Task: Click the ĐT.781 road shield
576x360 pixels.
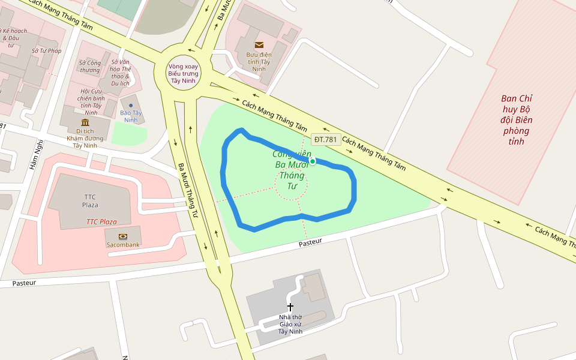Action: [326, 140]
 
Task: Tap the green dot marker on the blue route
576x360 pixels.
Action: [313, 161]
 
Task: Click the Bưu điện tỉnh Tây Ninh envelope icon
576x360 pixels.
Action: [259, 44]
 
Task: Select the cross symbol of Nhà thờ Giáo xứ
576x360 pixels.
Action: [290, 307]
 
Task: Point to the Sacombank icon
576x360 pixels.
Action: [123, 236]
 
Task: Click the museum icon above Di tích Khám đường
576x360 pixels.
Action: [85, 122]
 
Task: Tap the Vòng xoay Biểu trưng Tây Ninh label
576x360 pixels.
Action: [183, 73]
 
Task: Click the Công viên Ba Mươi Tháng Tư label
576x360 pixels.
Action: [291, 170]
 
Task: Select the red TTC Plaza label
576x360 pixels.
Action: [101, 222]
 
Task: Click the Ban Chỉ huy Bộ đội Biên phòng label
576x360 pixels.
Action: [517, 120]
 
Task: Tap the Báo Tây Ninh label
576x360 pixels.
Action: [131, 116]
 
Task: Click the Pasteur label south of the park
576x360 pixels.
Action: [310, 242]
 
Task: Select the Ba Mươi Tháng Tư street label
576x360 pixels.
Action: [188, 190]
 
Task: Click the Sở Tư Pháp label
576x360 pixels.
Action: [47, 51]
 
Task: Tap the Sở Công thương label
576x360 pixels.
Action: [90, 66]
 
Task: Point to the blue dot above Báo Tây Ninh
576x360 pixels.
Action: [131, 106]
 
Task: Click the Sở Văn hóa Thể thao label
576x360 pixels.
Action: [120, 73]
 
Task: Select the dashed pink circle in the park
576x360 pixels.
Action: [291, 183]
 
